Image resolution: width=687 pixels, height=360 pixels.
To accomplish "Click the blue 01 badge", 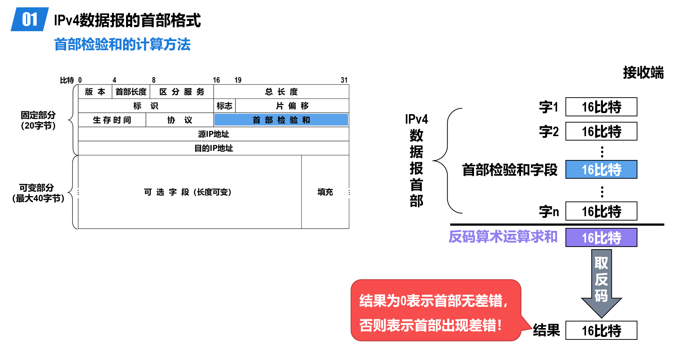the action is pyautogui.click(x=30, y=19).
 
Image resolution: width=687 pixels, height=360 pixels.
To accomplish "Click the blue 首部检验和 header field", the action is pyautogui.click(x=281, y=120).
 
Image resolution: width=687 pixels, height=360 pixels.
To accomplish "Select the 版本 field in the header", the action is pyautogui.click(x=95, y=92).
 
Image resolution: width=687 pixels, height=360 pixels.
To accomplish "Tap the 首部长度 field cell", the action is pyautogui.click(x=131, y=92).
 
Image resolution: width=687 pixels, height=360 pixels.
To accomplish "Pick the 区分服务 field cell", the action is pyautogui.click(x=182, y=92).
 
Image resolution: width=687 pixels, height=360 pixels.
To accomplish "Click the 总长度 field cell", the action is pyautogui.click(x=281, y=92).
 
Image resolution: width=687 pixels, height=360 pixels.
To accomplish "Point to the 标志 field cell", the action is pyautogui.click(x=224, y=106).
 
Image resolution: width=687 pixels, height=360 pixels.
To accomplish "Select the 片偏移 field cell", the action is pyautogui.click(x=292, y=106).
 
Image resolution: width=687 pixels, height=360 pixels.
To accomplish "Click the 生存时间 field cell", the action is pyautogui.click(x=112, y=120).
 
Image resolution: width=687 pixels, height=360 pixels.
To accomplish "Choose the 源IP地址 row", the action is pyautogui.click(x=213, y=134).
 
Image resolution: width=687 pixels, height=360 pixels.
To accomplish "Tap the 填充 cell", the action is pyautogui.click(x=325, y=192).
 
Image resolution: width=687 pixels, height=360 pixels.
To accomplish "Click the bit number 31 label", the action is pyautogui.click(x=344, y=80).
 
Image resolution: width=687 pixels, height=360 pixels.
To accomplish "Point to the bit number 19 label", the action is pyautogui.click(x=238, y=80).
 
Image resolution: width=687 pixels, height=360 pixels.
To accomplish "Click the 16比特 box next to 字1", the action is pyautogui.click(x=601, y=107).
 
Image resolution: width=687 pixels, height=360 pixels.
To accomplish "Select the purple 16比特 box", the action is pyautogui.click(x=601, y=237).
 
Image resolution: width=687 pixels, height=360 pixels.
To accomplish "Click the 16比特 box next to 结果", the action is pyautogui.click(x=601, y=331).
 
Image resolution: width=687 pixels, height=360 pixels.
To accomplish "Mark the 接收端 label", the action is pyautogui.click(x=643, y=73).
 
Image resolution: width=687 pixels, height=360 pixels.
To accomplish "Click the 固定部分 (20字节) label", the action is pyautogui.click(x=38, y=120).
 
